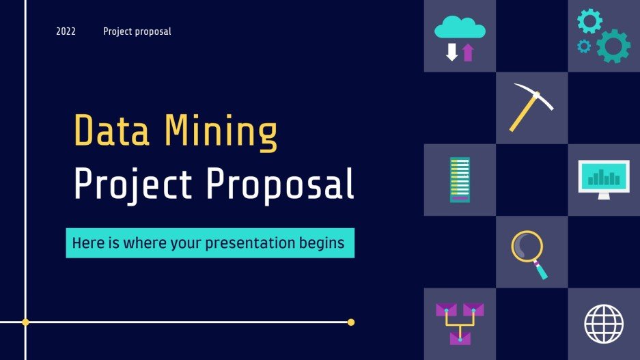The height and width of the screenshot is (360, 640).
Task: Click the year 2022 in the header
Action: tap(66, 31)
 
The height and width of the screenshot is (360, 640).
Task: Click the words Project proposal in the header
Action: tap(137, 31)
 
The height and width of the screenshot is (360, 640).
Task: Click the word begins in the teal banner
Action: tap(321, 243)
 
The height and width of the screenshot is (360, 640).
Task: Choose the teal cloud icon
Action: tap(460, 28)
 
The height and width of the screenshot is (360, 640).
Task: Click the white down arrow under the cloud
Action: tap(451, 53)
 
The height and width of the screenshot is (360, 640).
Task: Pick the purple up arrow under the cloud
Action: tap(468, 53)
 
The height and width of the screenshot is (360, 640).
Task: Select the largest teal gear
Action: tap(613, 46)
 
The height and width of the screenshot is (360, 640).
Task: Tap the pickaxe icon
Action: tap(530, 107)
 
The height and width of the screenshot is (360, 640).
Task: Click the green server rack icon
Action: tap(460, 180)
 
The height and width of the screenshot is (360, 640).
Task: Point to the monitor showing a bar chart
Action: tap(603, 178)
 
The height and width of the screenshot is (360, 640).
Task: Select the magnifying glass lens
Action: tap(527, 247)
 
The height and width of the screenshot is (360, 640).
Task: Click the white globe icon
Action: tap(604, 323)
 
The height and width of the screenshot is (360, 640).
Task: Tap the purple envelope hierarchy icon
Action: tap(460, 323)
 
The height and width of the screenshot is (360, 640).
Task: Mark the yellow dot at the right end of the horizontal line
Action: tap(351, 322)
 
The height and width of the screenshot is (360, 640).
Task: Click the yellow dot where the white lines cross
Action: tap(25, 322)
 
